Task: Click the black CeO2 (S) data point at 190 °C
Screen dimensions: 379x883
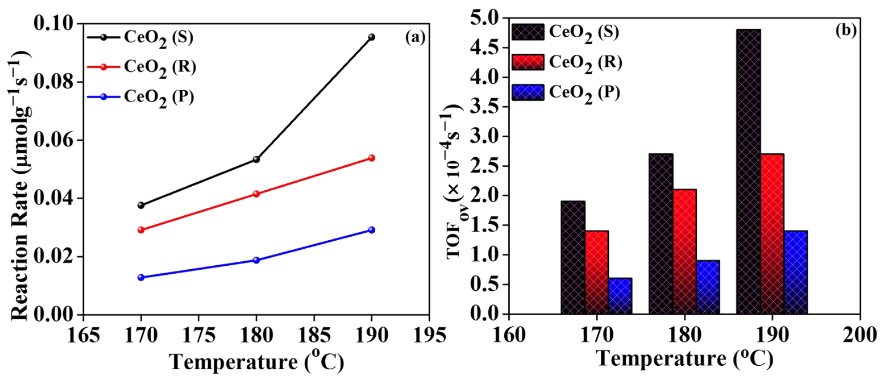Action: coord(371,37)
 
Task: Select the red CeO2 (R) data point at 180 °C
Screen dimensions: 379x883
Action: coord(256,194)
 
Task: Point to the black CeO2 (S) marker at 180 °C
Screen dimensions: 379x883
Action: coord(256,159)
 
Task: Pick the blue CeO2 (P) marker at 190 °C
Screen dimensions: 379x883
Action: coord(371,230)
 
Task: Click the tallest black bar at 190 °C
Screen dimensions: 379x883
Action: coord(748,171)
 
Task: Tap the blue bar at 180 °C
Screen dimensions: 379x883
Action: coord(708,287)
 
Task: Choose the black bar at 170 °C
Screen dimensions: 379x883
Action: coord(573,257)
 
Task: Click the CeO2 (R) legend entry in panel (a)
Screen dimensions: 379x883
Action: coord(160,67)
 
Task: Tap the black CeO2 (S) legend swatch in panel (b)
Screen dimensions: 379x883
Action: coord(528,32)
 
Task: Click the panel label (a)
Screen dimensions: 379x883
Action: coord(415,37)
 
